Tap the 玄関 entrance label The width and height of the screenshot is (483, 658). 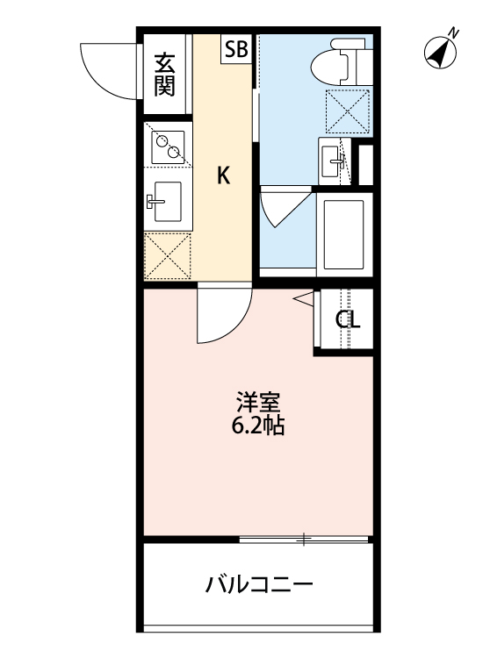point(164,75)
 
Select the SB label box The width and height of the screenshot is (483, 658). point(236,49)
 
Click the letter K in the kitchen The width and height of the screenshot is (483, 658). point(224,175)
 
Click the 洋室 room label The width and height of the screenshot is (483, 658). point(257,404)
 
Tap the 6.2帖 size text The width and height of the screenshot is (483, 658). point(257,428)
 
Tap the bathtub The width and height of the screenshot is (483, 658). point(343,232)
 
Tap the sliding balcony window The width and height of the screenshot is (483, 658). point(304,539)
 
